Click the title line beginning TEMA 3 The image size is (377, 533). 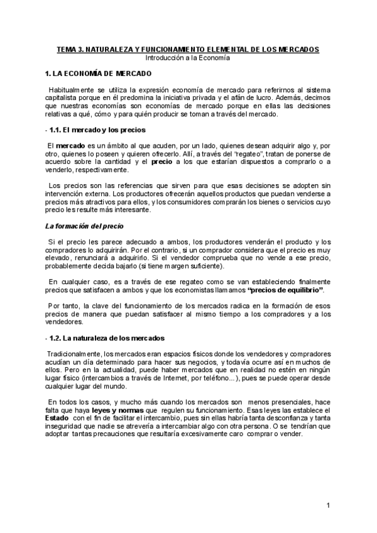188,49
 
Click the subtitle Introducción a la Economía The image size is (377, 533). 188,57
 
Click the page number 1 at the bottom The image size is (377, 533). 329,506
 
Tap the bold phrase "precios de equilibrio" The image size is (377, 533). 286,290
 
